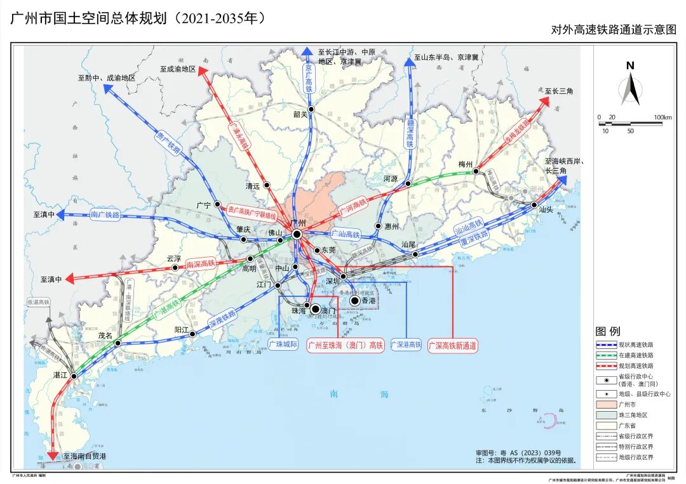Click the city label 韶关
click(300, 114)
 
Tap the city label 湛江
click(60, 376)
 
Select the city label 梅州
click(466, 164)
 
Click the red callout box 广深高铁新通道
click(452, 346)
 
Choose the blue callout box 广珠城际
click(283, 345)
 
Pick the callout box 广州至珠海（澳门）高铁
click(346, 346)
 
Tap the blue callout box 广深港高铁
click(405, 345)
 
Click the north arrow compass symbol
click(630, 86)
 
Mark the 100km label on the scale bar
click(663, 117)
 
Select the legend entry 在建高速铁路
click(636, 355)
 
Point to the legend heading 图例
click(608, 331)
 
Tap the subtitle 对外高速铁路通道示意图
click(614, 29)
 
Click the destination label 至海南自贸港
click(84, 456)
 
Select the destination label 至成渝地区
click(178, 69)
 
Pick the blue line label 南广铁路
click(105, 214)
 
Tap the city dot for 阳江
click(192, 334)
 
